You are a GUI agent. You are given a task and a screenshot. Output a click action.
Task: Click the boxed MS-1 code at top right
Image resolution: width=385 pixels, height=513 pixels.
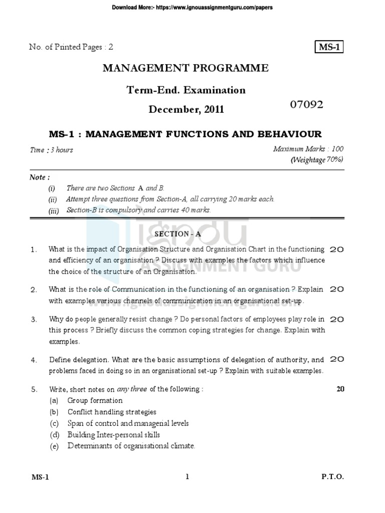(328, 47)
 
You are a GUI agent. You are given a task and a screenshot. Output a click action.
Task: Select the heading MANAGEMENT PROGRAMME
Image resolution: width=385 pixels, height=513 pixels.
(185, 69)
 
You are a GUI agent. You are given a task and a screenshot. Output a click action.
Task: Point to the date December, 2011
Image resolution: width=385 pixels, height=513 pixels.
(185, 109)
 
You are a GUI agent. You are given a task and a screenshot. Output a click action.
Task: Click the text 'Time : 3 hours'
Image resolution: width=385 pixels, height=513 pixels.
(51, 150)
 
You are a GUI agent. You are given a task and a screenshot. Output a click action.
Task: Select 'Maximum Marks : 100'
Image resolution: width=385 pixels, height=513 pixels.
(308, 149)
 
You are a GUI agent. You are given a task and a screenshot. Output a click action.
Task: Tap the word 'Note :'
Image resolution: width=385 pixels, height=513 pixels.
(40, 177)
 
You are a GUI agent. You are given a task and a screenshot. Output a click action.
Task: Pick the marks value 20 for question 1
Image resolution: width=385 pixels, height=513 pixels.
(336, 249)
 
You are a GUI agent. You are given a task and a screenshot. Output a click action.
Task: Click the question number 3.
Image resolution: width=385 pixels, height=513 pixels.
(34, 319)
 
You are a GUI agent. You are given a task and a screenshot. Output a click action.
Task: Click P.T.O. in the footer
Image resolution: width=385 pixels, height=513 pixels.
(332, 477)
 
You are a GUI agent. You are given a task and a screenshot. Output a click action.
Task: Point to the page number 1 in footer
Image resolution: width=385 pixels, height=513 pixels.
(187, 477)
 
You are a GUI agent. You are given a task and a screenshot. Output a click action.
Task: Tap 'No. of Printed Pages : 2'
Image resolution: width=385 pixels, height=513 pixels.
(72, 47)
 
